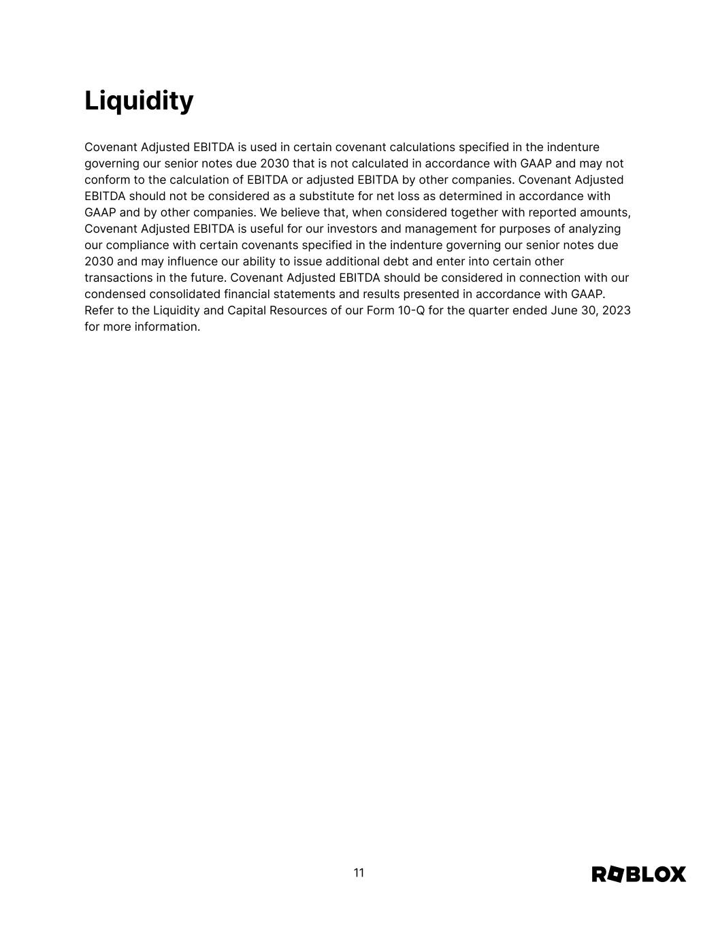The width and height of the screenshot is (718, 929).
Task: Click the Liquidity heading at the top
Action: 139,101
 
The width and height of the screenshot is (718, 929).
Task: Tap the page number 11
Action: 359,873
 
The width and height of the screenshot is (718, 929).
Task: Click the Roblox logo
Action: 638,874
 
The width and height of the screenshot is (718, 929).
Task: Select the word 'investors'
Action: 352,229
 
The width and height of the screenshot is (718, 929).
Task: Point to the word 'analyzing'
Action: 594,229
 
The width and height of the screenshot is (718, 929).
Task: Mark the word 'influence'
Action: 193,261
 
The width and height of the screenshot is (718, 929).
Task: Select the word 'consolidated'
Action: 184,294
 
